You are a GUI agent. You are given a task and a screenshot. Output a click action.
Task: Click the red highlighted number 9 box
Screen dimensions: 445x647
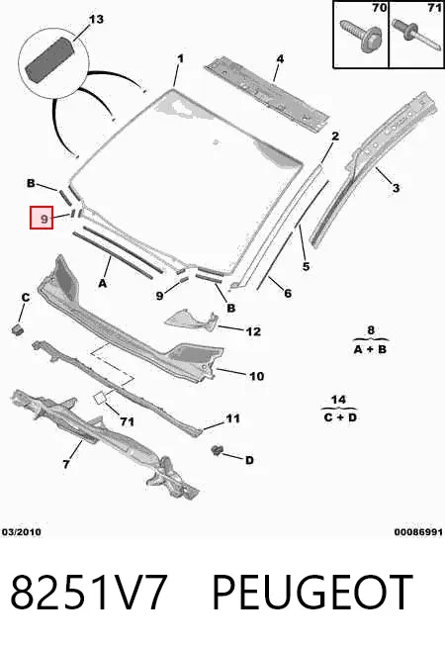coord(42,218)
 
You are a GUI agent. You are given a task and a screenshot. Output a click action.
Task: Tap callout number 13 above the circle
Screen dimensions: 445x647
coord(96,20)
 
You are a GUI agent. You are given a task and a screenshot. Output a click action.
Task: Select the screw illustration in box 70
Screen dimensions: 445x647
coord(361,36)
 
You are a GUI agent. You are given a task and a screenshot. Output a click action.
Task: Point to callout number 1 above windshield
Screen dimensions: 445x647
coord(180,58)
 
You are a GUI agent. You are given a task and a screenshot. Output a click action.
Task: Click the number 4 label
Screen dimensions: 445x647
coord(280,59)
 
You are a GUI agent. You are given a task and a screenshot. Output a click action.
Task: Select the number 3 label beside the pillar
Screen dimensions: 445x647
coord(396,188)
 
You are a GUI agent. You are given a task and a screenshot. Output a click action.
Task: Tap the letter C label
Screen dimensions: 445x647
coord(26,298)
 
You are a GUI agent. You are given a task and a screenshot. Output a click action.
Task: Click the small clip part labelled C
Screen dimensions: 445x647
coord(18,329)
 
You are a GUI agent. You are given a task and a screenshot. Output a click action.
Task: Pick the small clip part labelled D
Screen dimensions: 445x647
coord(217,450)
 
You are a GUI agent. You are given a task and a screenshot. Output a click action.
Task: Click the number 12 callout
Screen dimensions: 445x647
coord(253,331)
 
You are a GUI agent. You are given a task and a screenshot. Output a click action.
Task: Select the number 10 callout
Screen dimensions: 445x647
coord(256,376)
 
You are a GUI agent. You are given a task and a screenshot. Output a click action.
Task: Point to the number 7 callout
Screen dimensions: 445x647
coord(66,464)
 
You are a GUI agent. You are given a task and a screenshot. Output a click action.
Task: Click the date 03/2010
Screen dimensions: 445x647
coord(22,532)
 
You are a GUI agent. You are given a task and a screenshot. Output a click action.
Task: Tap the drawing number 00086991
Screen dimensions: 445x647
coord(418,532)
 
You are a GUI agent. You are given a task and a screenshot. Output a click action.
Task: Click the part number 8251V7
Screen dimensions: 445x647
coord(89,592)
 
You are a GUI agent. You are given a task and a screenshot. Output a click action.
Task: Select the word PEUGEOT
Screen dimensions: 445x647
coord(312,592)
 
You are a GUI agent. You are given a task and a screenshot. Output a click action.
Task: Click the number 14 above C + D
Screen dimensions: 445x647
coord(338,400)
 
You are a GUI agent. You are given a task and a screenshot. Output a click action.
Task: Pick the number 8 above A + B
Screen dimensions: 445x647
coord(371,330)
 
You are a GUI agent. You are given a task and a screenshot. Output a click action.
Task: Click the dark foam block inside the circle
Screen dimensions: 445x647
coord(49,59)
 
